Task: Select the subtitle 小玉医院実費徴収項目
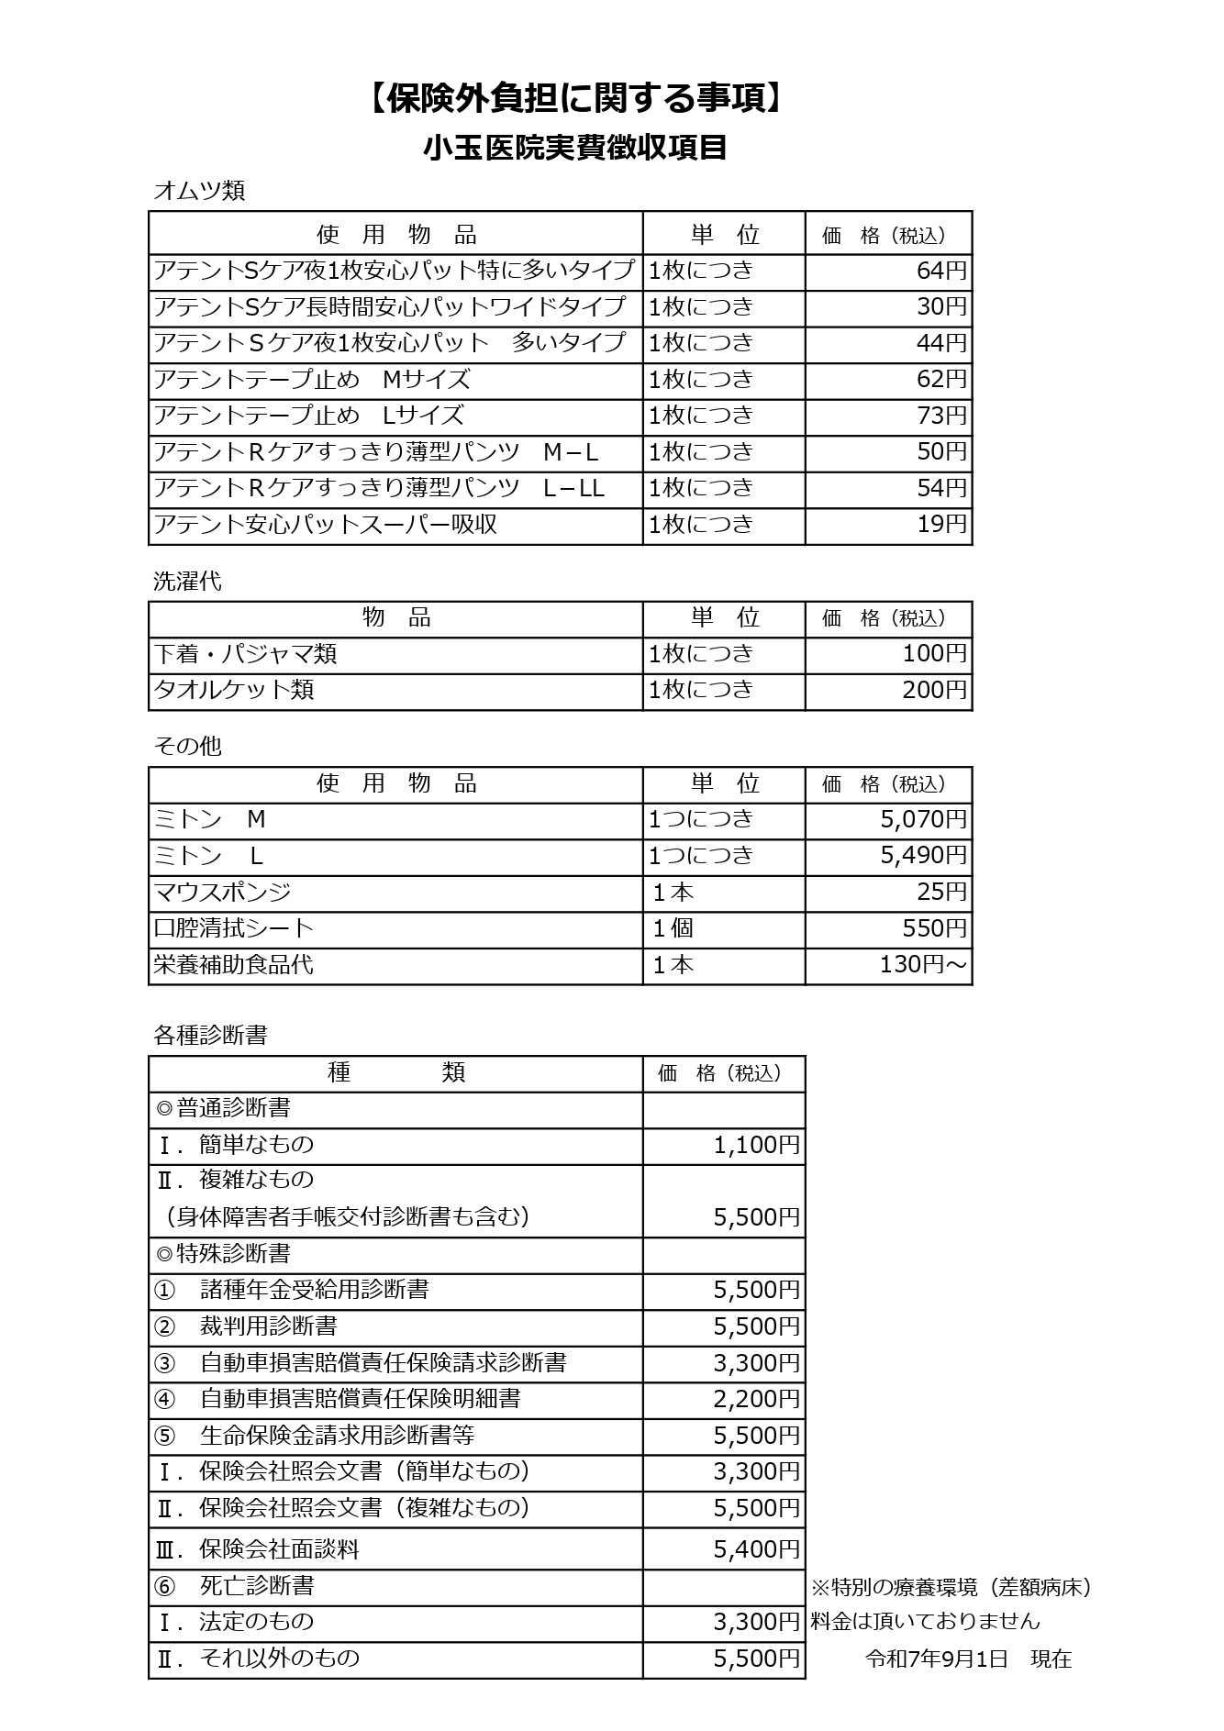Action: pyautogui.click(x=575, y=148)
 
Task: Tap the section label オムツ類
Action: pyautogui.click(x=199, y=191)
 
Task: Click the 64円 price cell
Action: pyautogui.click(x=941, y=271)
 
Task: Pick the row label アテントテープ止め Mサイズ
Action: pyautogui.click(x=312, y=380)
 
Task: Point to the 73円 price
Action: pyautogui.click(x=941, y=416)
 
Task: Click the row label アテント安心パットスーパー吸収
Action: pyautogui.click(x=326, y=525)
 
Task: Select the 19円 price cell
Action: pyautogui.click(x=941, y=525)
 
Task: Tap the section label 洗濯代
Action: pyautogui.click(x=187, y=582)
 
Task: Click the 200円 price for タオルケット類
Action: pyautogui.click(x=934, y=690)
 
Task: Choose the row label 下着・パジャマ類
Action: pyautogui.click(x=245, y=654)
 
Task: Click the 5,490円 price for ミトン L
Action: pyautogui.click(x=923, y=856)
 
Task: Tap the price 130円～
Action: pyautogui.click(x=923, y=965)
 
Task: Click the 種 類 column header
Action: pyautogui.click(x=395, y=1072)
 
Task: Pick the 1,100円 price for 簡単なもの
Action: pyautogui.click(x=756, y=1145)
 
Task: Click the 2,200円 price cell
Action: pyautogui.click(x=756, y=1399)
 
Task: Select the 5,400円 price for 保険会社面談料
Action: pyautogui.click(x=756, y=1549)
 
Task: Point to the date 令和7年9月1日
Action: pyautogui.click(x=937, y=1659)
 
